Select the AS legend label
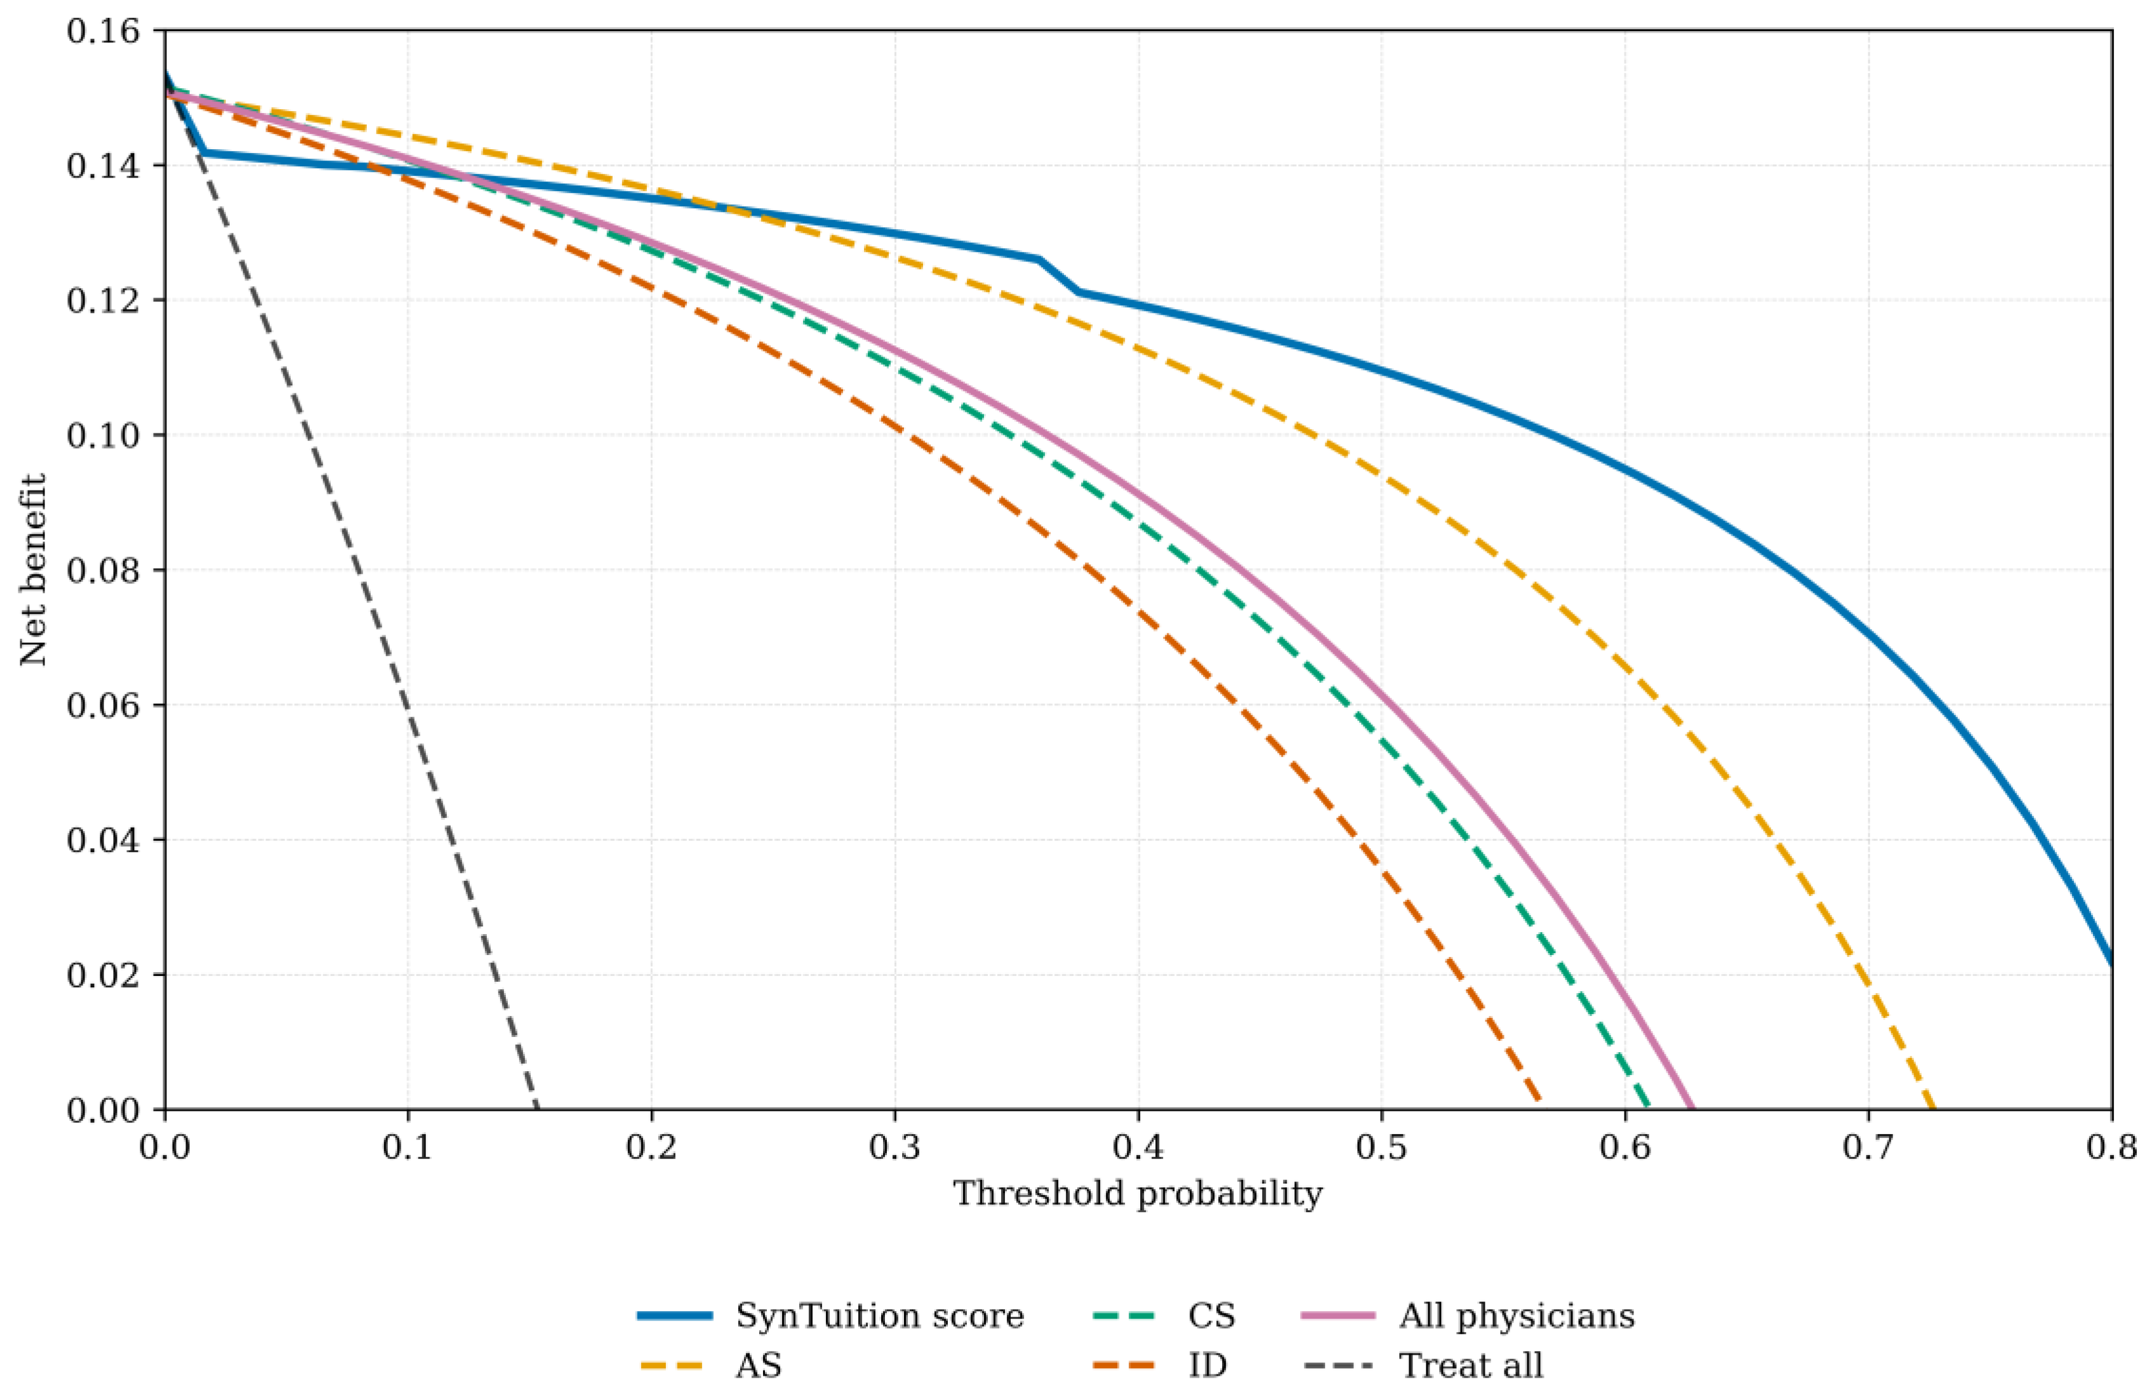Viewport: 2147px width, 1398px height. click(758, 1366)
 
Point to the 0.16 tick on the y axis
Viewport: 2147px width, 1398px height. click(103, 32)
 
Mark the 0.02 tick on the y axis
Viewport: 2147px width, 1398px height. click(103, 975)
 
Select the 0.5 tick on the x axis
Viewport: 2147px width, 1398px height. click(1381, 1148)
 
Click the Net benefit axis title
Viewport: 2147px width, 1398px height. click(34, 570)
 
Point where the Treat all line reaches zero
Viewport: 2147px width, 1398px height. click(538, 1109)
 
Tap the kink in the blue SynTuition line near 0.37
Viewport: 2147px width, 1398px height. click(1040, 260)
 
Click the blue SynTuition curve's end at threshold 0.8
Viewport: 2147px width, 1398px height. click(2111, 964)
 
